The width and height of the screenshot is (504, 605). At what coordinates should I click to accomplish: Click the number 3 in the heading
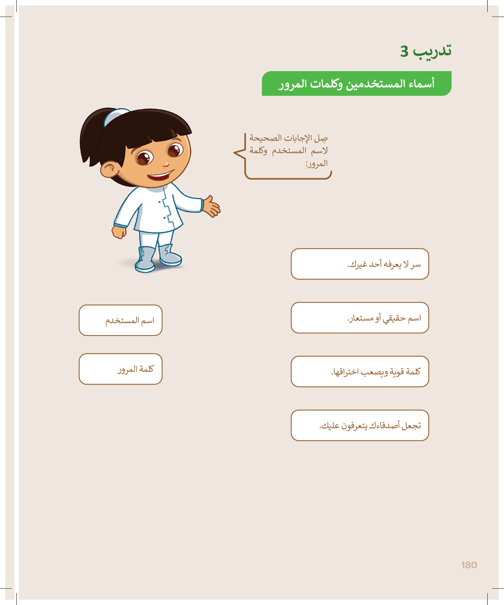(404, 52)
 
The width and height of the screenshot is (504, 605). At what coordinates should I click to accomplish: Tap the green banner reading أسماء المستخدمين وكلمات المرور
(356, 83)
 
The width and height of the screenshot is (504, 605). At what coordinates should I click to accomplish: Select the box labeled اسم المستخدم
(120, 320)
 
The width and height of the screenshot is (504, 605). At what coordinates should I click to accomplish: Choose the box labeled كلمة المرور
(120, 369)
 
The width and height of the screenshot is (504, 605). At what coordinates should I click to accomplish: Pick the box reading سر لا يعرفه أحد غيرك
(360, 264)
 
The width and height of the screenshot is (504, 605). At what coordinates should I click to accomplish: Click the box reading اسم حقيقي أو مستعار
(360, 317)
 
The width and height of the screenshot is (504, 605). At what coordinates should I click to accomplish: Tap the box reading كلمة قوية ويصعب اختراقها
(360, 371)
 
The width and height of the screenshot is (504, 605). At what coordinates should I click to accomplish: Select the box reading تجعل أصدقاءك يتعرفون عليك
(360, 425)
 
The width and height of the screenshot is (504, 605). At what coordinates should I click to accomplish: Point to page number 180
(469, 565)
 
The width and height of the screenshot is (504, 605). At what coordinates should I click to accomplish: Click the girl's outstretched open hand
(212, 206)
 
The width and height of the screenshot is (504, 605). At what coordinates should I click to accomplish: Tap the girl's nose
(166, 164)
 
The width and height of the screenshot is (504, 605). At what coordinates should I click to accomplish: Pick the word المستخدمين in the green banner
(372, 84)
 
